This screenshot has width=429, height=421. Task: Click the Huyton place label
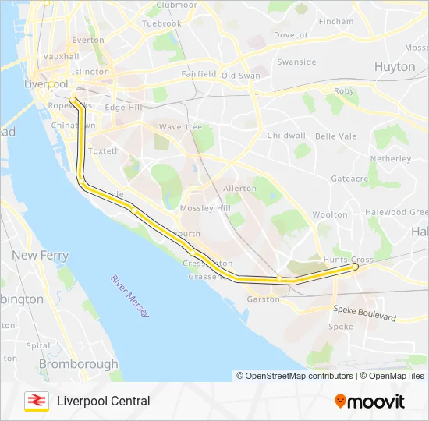[395, 67]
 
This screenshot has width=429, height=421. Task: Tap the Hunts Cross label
[350, 259]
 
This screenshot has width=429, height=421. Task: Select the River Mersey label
[129, 295]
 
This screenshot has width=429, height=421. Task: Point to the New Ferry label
[40, 255]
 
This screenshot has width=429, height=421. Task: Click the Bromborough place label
[78, 363]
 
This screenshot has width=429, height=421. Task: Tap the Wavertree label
[180, 127]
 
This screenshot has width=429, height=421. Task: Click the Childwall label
[286, 135]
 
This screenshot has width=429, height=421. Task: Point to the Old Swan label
[240, 76]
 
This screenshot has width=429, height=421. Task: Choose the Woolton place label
[329, 214]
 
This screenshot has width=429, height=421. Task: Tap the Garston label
[263, 299]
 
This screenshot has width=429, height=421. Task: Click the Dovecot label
[291, 35]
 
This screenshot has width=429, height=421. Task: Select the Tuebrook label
[162, 23]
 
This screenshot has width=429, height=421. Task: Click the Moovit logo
[370, 402]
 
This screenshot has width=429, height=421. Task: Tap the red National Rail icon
[36, 401]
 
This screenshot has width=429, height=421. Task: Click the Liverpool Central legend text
[103, 401]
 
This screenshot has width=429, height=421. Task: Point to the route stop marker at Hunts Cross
[356, 267]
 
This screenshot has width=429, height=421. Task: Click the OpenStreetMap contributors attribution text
[295, 376]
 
